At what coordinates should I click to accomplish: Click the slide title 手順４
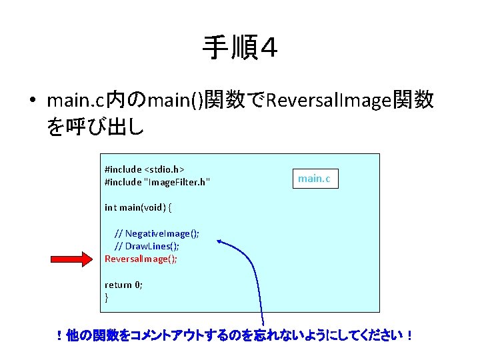(240, 49)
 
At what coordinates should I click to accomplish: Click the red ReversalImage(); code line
(141, 259)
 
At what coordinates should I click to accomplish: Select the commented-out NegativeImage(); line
(157, 233)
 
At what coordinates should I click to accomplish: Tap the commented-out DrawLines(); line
(147, 246)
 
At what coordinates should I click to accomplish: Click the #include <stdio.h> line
(144, 169)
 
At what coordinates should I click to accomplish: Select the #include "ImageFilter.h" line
(157, 182)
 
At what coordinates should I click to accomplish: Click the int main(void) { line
(137, 207)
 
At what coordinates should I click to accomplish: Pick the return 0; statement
(123, 284)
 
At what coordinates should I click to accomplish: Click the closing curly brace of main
(107, 297)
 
